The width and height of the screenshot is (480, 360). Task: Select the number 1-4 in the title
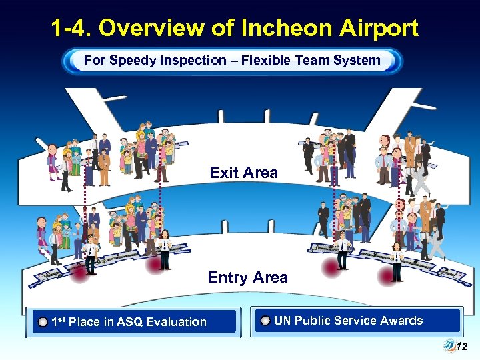click(71, 28)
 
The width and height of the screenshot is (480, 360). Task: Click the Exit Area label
click(243, 173)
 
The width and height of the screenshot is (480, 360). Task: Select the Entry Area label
click(247, 277)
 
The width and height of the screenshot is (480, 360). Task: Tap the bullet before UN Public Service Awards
click(265, 321)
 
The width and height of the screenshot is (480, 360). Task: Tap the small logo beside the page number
click(449, 345)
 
